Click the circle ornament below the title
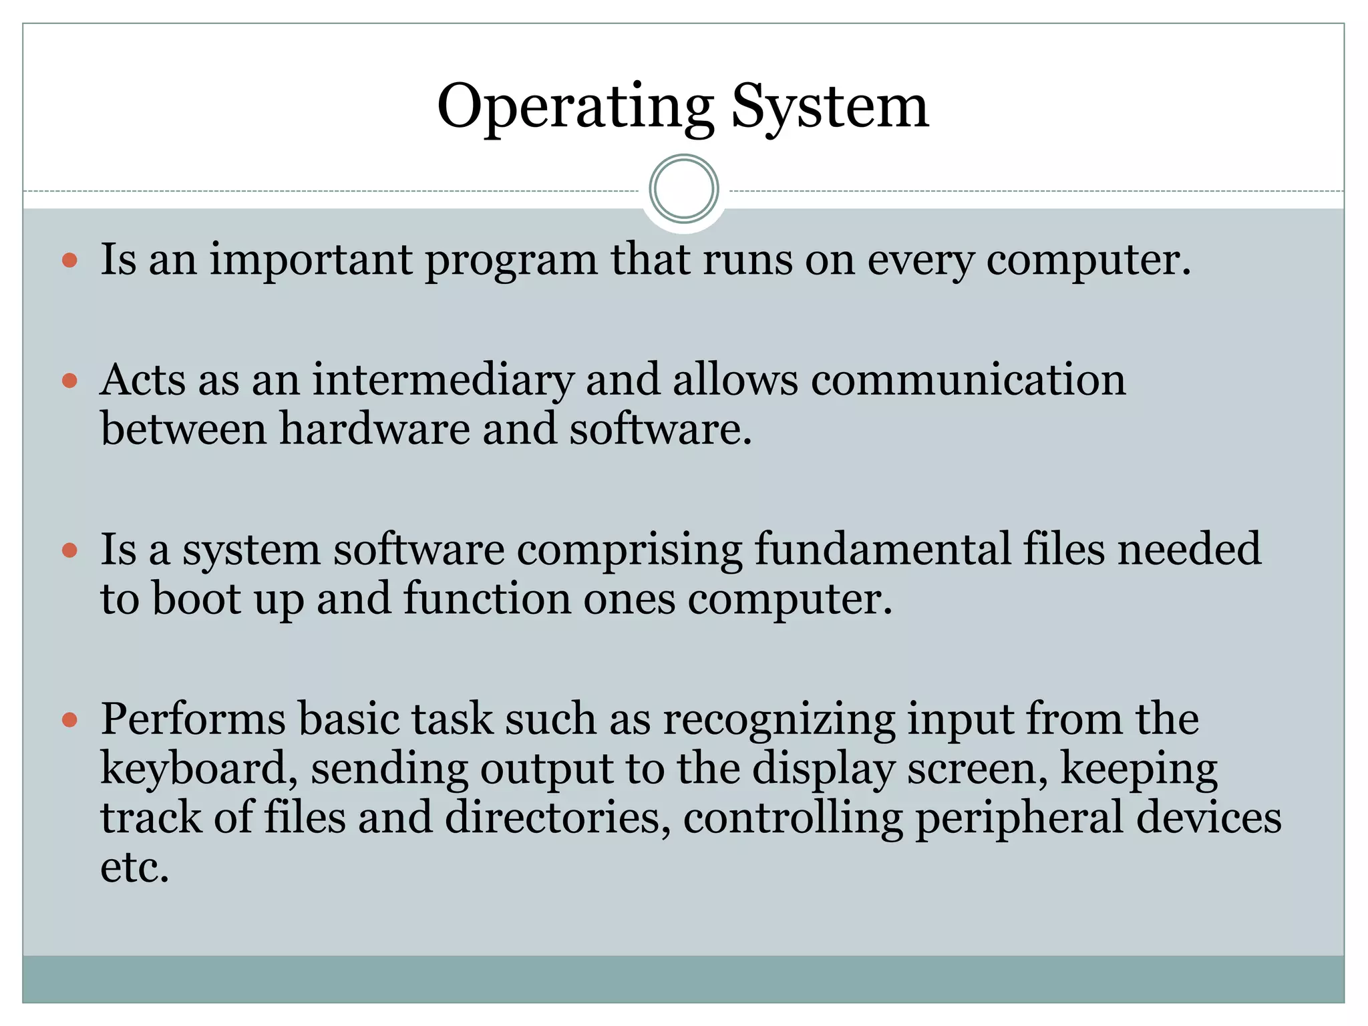coord(683,189)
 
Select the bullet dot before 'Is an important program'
coord(69,260)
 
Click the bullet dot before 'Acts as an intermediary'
coord(69,381)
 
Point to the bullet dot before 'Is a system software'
coord(69,550)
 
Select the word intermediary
coord(443,381)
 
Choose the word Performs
coord(193,720)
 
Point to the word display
coord(823,769)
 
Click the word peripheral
coord(1019,819)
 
